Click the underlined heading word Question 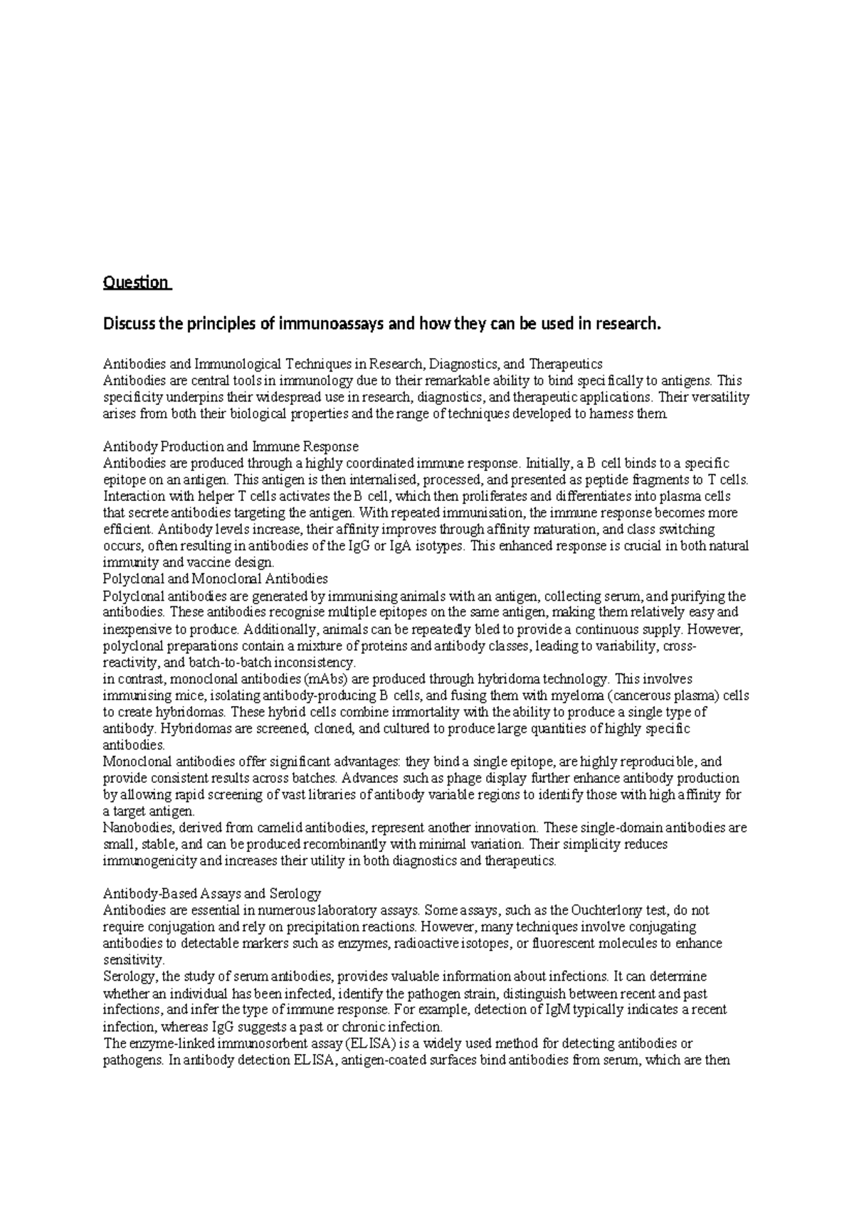coord(136,283)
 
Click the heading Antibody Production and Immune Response coord(231,447)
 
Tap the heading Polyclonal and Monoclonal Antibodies coord(215,579)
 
